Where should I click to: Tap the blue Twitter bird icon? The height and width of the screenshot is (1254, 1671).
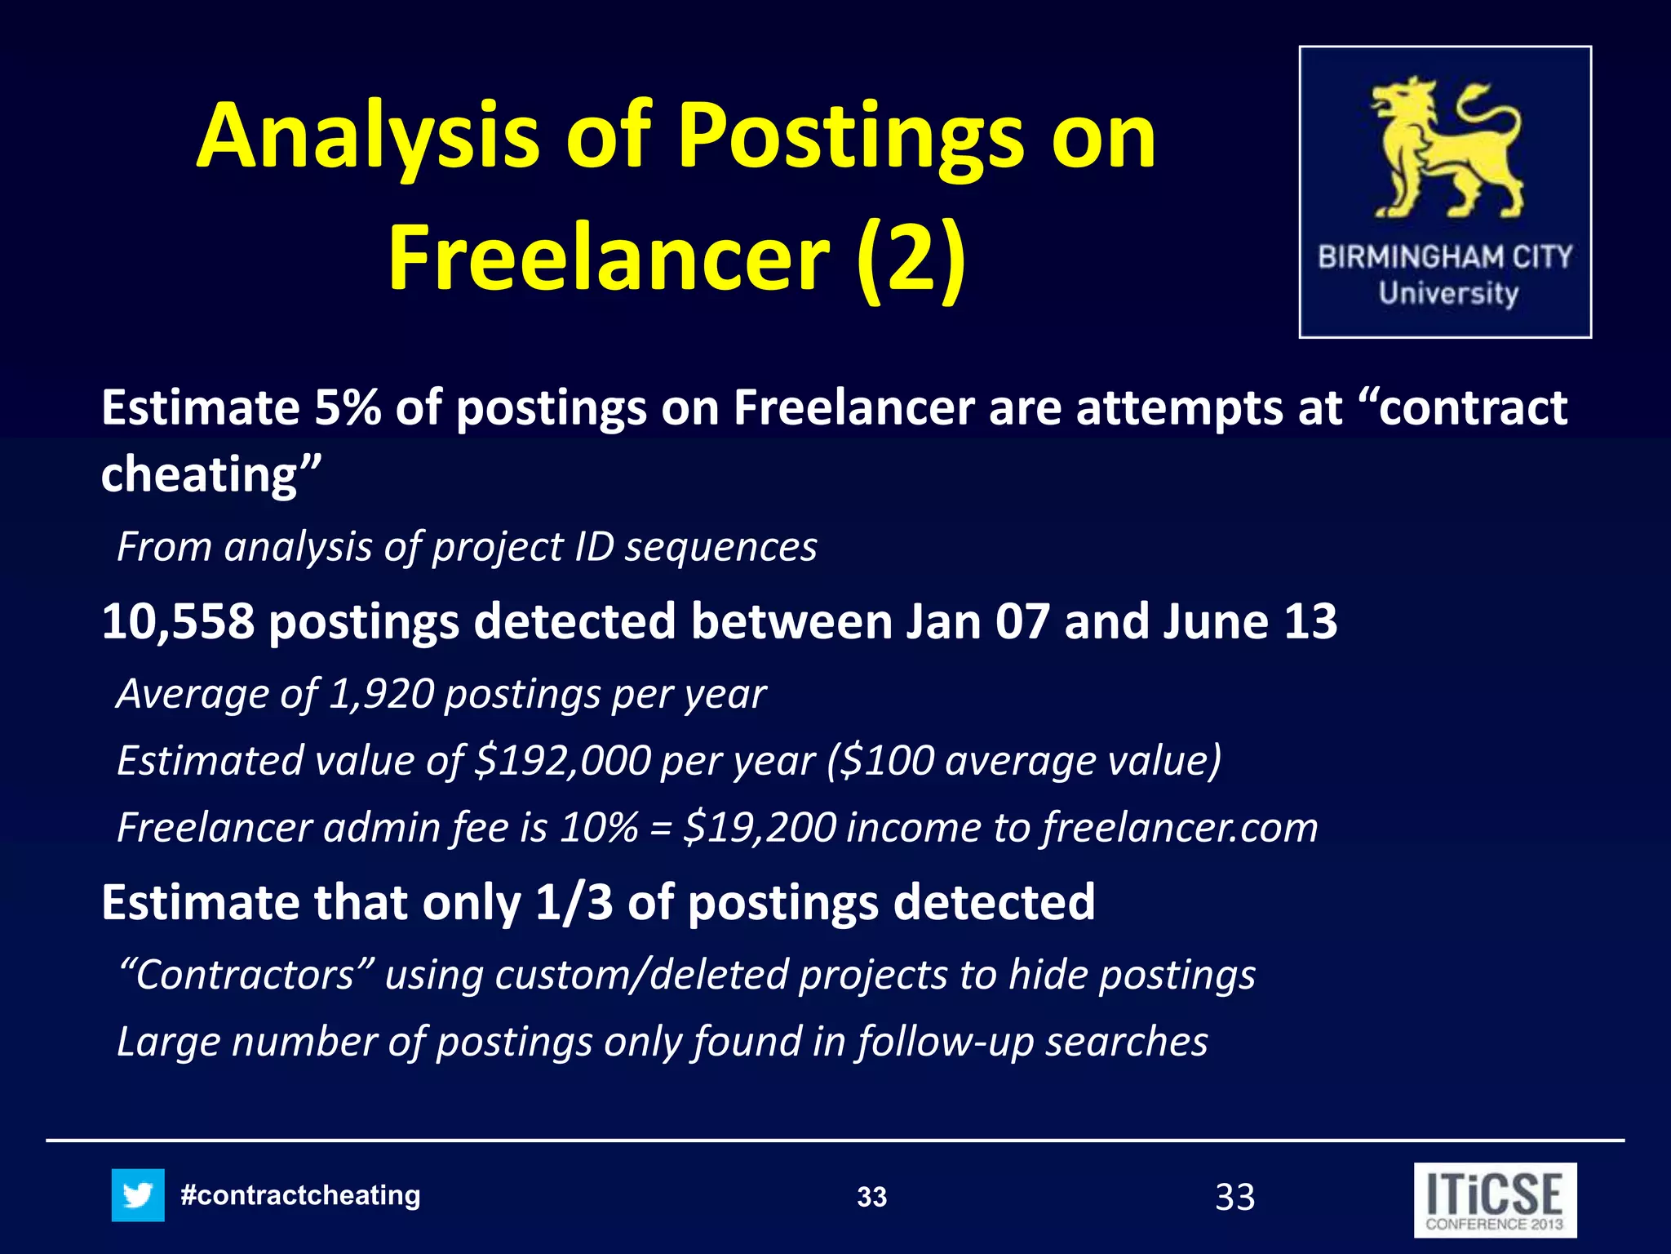point(138,1195)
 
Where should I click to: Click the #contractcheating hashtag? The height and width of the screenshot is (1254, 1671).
point(300,1195)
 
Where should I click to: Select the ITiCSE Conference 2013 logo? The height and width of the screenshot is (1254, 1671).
point(1495,1199)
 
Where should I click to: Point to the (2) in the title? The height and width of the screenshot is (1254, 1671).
point(911,258)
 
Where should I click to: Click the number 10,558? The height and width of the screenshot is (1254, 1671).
point(177,621)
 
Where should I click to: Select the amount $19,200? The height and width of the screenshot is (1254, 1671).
point(759,828)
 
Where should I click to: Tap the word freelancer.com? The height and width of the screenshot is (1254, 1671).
point(1179,828)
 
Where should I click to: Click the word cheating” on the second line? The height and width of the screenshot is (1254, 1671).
point(211,475)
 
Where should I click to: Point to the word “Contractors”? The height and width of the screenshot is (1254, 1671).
point(246,975)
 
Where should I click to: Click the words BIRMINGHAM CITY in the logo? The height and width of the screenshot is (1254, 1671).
point(1445,257)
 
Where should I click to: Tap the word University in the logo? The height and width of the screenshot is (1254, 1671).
point(1448,293)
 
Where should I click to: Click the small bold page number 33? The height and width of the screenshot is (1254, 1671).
point(871,1198)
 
